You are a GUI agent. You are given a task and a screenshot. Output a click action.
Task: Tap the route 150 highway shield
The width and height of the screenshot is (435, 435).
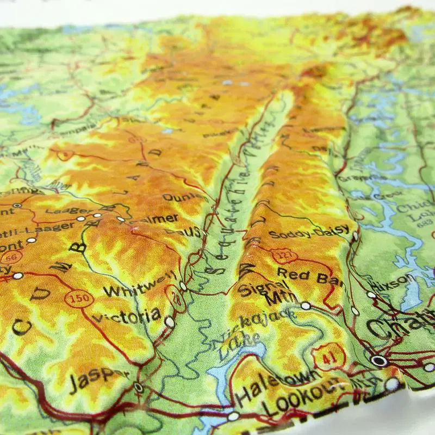(79, 299)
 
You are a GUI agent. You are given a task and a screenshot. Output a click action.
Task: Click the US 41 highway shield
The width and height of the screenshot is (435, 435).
(330, 356)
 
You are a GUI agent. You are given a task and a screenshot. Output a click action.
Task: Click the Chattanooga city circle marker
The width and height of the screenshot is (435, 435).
(379, 361)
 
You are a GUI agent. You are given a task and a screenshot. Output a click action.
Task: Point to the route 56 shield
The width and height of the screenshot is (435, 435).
(11, 256)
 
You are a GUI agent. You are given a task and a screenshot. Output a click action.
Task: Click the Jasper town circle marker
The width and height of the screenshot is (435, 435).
(139, 388)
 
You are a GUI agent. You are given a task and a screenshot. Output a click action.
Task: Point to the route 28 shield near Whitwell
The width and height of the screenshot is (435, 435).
(176, 296)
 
